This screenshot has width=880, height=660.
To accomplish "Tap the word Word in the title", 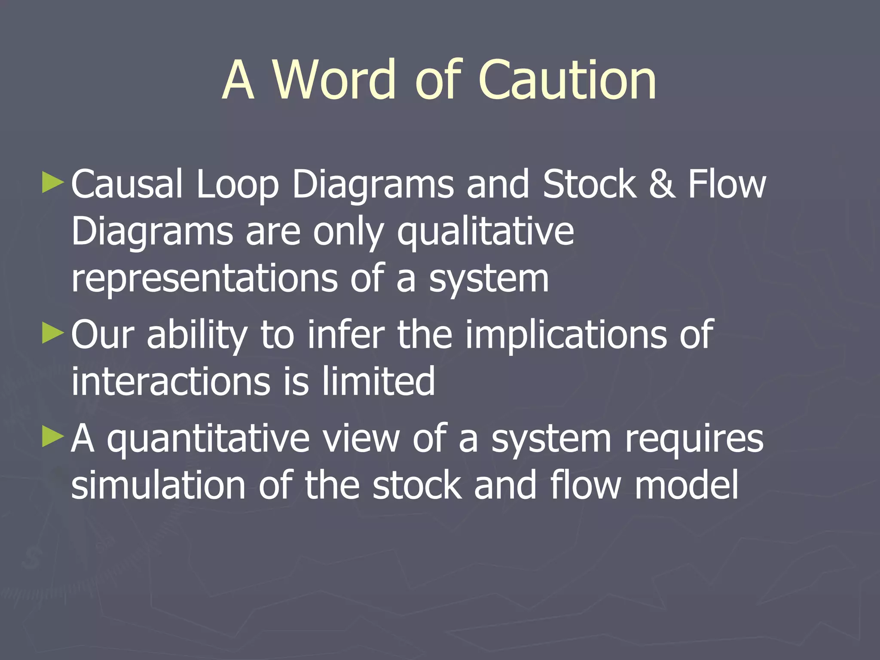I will point(333,80).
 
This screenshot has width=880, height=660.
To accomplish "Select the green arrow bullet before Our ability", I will point(53,333).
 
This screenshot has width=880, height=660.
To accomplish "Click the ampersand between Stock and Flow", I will point(662,184).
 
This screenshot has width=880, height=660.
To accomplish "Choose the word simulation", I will point(158,486).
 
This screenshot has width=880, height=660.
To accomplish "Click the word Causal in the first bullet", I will point(127,184).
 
